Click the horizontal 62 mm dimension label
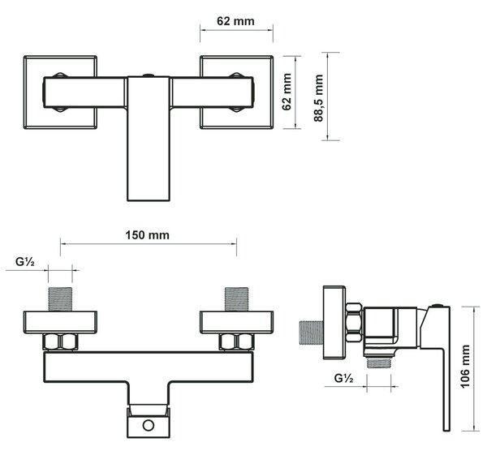tap(235, 21)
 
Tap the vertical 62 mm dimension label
tap(287, 92)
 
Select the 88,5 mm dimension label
tap(318, 98)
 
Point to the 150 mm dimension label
tap(147, 235)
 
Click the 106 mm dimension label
tap(465, 367)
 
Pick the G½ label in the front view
tap(25, 262)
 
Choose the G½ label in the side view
tap(343, 378)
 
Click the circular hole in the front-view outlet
tap(149, 425)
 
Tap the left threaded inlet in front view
tap(60, 299)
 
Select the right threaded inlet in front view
tap(236, 299)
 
